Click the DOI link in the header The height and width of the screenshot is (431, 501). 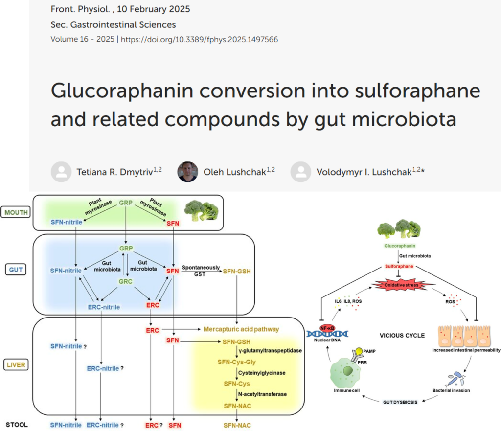tap(199, 39)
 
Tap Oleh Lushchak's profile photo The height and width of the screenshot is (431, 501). tap(187, 172)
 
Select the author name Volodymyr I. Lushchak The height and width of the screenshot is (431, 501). tap(364, 172)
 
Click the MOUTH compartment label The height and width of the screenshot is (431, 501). tap(16, 212)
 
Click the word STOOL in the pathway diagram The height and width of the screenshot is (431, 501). tap(16, 425)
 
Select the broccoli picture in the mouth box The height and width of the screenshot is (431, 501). tap(201, 210)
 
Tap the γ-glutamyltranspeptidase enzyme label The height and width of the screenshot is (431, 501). tap(269, 351)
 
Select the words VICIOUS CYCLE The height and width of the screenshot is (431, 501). tap(402, 336)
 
